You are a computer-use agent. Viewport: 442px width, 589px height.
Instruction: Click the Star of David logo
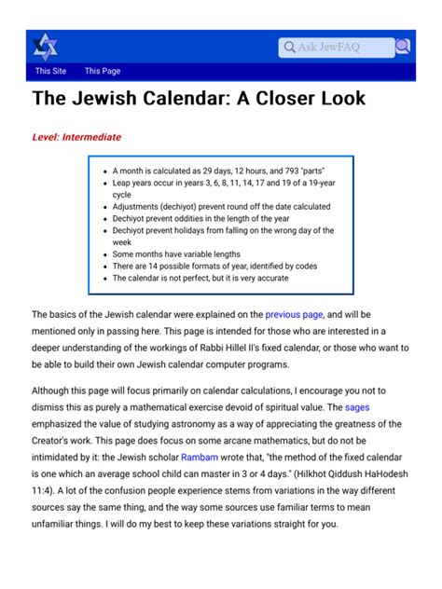[45, 46]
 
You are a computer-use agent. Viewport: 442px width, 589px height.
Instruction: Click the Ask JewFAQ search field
[336, 47]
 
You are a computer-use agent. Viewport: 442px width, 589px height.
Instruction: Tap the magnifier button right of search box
[402, 47]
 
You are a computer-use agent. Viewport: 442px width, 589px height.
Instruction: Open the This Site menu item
[50, 71]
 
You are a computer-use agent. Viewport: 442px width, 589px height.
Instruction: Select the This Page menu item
[103, 71]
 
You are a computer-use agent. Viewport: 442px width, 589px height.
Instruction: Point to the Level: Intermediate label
[76, 137]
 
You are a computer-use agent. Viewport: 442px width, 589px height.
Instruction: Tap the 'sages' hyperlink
[357, 407]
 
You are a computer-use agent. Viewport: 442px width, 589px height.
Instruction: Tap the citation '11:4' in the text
[47, 494]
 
